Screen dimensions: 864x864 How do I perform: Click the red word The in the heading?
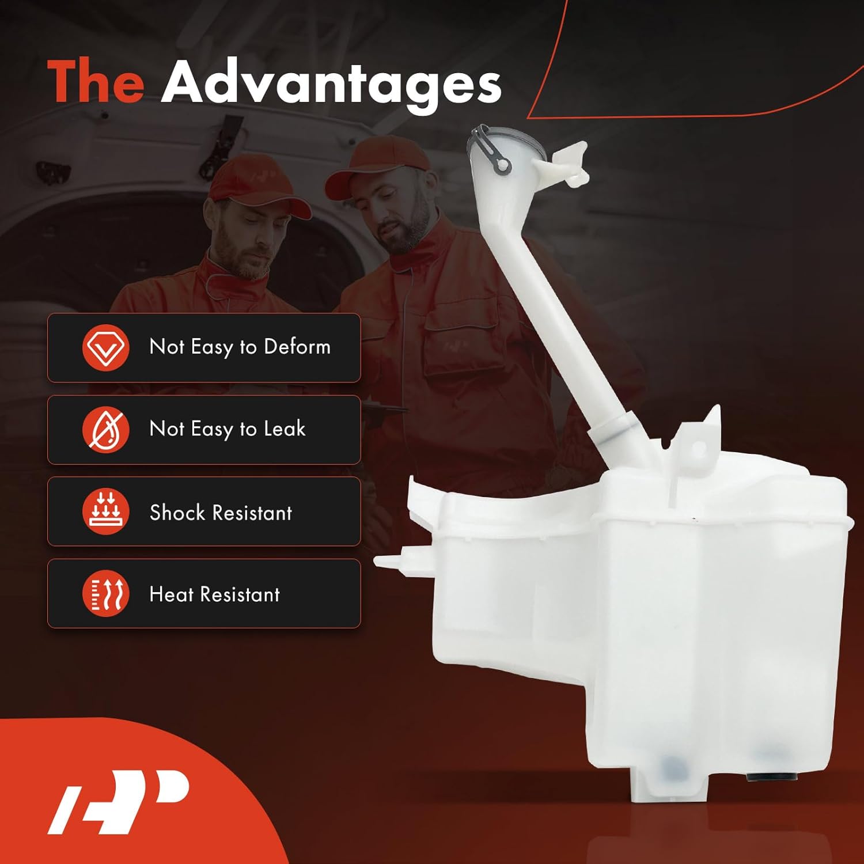pos(96,82)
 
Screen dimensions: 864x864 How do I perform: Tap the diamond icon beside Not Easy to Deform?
pos(105,347)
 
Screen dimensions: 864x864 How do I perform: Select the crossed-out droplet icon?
pos(105,430)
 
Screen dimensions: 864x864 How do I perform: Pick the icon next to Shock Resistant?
pos(105,511)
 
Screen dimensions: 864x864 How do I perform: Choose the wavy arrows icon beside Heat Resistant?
pos(105,594)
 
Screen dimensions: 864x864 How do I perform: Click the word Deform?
pos(297,347)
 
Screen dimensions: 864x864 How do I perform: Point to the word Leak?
pos(285,429)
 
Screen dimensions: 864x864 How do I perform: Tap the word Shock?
pos(177,512)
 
